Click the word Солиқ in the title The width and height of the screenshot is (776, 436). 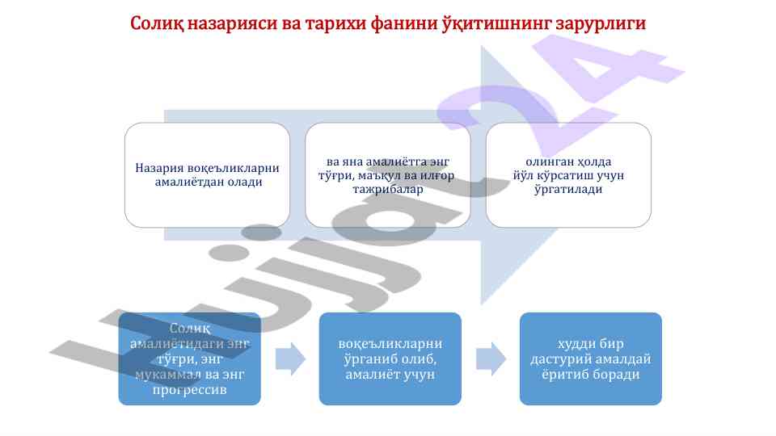coord(158,23)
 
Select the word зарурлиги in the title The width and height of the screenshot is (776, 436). coord(601,23)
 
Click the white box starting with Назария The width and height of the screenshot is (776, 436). coord(207,174)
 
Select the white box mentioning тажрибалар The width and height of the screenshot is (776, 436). coord(387,174)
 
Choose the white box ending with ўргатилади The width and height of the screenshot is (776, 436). coord(568,174)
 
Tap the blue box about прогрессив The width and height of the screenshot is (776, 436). coord(190,358)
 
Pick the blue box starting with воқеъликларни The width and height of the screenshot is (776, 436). coord(390,358)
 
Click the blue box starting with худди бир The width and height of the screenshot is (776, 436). coord(590,358)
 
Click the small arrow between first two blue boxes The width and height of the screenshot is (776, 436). coord(290,358)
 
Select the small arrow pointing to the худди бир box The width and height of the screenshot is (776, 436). coord(490,358)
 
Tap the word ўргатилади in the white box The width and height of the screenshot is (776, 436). coord(568,189)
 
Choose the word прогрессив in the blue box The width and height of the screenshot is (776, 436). coord(190,391)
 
